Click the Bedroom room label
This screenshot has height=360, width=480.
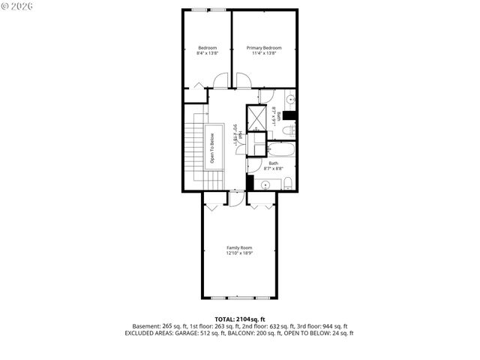pyautogui.click(x=207, y=48)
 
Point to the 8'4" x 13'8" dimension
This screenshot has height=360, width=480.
pyautogui.click(x=207, y=53)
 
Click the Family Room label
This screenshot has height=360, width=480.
pyautogui.click(x=239, y=247)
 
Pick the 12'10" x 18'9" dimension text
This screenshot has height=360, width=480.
pyautogui.click(x=239, y=253)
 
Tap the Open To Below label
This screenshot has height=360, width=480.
pyautogui.click(x=212, y=148)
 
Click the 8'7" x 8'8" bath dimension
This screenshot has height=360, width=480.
pyautogui.click(x=274, y=169)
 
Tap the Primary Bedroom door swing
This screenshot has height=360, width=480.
pyautogui.click(x=241, y=81)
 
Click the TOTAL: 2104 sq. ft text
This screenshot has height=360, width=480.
pyautogui.click(x=239, y=319)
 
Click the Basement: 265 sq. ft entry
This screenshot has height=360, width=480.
pyautogui.click(x=158, y=326)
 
